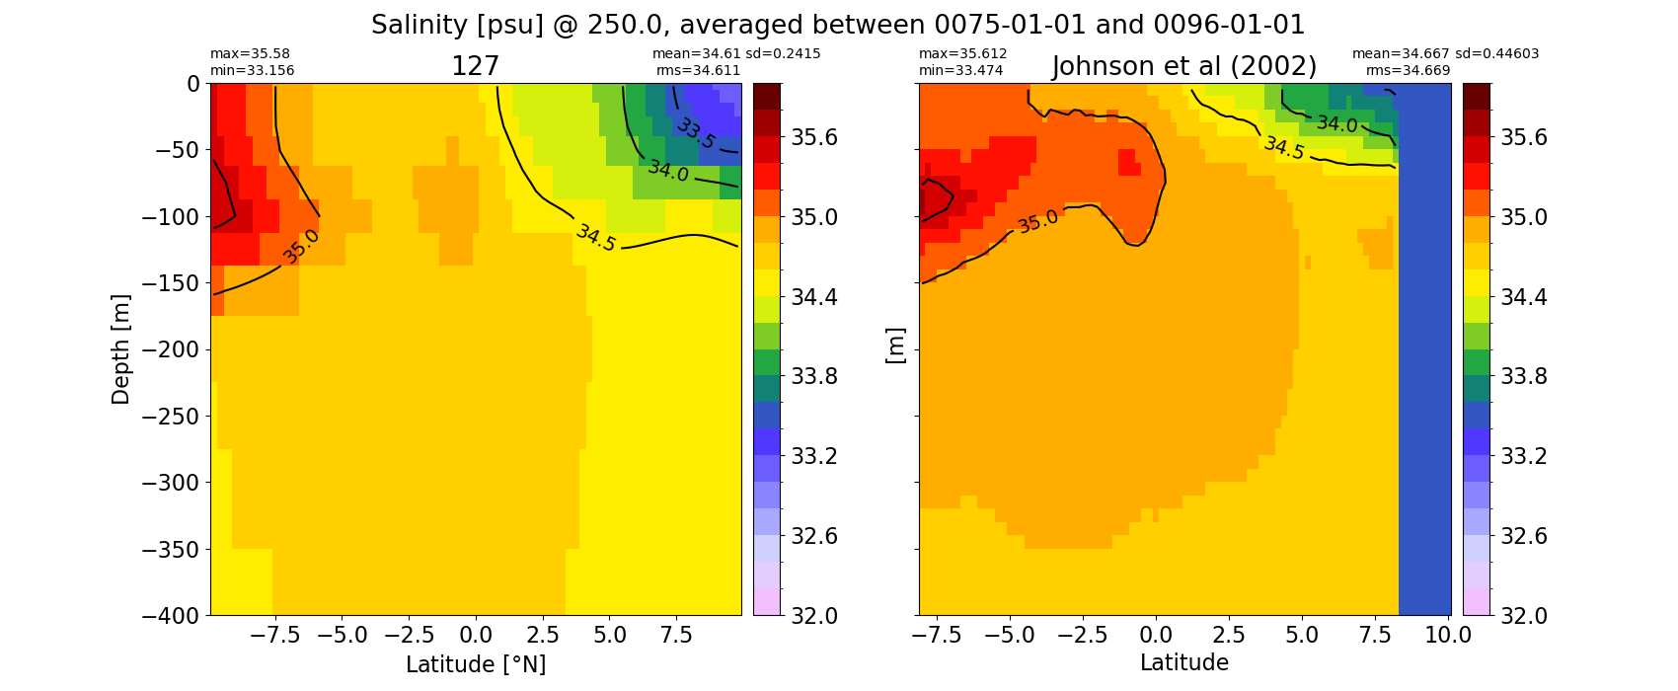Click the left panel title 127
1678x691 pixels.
pos(475,67)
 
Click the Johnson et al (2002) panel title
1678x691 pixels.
pos(1184,67)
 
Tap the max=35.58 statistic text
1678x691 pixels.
pos(250,54)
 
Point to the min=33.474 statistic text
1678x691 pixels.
pos(961,70)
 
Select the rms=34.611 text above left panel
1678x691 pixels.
pos(698,70)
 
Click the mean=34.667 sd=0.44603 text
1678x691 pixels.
pos(1446,54)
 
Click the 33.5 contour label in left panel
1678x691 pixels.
pos(697,133)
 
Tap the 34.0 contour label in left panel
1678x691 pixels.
pos(668,171)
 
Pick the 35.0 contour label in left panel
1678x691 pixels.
pos(300,247)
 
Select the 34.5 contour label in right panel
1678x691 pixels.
pos(1284,148)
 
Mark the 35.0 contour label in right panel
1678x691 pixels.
pos(1037,221)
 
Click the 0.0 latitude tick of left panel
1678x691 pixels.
pos(476,636)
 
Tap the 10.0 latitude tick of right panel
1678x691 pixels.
pos(1448,636)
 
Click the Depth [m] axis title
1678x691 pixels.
pos(120,349)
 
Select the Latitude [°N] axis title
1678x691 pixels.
pos(476,664)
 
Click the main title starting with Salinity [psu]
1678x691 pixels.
pos(838,25)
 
